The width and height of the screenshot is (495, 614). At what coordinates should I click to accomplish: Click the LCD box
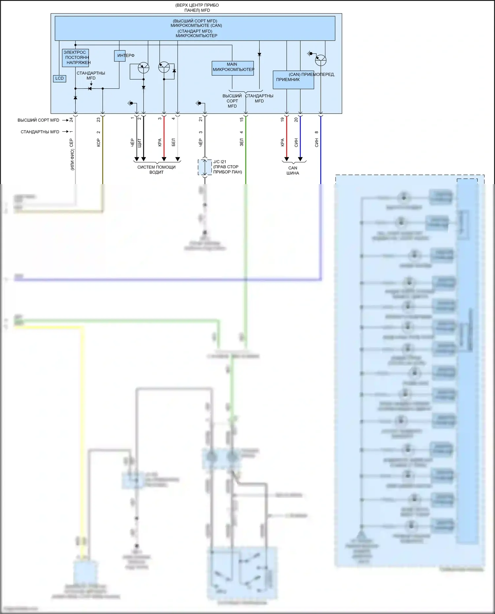[x=59, y=79]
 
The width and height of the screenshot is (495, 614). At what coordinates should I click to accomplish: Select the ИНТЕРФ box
[x=119, y=56]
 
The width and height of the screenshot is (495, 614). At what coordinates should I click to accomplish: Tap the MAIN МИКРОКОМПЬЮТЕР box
[x=233, y=68]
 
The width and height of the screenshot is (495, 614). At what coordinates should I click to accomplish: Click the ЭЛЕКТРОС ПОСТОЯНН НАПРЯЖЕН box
[x=75, y=58]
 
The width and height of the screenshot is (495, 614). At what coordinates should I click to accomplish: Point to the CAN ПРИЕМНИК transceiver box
[x=293, y=80]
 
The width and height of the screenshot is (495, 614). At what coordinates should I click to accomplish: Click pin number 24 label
[x=71, y=120]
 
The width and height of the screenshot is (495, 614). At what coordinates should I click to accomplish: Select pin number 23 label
[x=98, y=120]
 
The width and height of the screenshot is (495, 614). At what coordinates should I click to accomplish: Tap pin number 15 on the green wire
[x=242, y=119]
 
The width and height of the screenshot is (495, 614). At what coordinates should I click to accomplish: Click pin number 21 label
[x=201, y=119]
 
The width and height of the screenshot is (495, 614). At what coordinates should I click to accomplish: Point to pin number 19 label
[x=282, y=119]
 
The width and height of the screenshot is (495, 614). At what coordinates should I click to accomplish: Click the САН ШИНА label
[x=293, y=171]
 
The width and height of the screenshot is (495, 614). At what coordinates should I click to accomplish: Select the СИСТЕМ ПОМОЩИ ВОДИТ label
[x=156, y=170]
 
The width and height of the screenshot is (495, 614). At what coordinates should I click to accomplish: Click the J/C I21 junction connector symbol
[x=205, y=167]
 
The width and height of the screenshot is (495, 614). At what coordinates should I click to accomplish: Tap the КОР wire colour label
[x=98, y=143]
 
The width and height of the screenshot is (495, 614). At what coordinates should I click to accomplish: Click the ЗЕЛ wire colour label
[x=242, y=142]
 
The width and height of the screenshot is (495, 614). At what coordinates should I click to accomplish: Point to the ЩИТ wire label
[x=139, y=143]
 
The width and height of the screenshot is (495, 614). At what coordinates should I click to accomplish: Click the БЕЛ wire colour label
[x=174, y=142]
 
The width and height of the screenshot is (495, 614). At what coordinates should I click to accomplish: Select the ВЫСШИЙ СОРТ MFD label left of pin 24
[x=38, y=120]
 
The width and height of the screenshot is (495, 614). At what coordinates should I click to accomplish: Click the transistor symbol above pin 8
[x=320, y=60]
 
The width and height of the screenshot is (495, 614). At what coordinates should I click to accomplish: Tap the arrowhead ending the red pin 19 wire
[x=286, y=159]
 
